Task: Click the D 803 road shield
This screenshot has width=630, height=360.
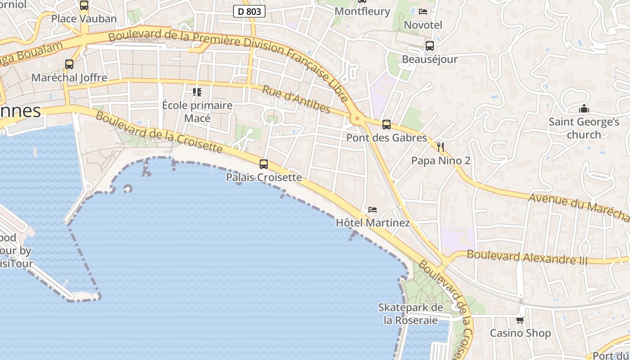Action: (x=249, y=11)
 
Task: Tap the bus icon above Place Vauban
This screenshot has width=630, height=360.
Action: (x=84, y=5)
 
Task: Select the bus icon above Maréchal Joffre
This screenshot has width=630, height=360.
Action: (x=69, y=64)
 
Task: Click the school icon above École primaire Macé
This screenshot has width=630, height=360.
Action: (x=197, y=92)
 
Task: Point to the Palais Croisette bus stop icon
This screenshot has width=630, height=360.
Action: (x=264, y=164)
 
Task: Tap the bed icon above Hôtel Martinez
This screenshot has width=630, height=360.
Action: (x=373, y=210)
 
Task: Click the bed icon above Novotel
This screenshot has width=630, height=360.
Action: (x=423, y=12)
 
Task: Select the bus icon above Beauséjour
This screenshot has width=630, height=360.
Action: (x=430, y=45)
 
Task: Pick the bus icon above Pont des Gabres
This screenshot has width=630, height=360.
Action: (x=387, y=125)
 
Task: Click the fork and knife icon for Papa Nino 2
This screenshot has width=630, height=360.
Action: (x=441, y=147)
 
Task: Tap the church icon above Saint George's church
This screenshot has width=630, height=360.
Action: (x=584, y=109)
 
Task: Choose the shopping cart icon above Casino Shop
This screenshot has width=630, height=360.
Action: (x=520, y=320)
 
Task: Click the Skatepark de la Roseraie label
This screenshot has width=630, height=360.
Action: (x=410, y=314)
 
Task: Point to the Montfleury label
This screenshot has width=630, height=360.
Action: (x=363, y=11)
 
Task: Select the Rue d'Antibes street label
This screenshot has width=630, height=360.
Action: (x=297, y=99)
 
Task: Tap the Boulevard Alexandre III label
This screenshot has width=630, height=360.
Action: (x=527, y=257)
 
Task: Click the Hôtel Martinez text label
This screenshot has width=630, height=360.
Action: (x=373, y=223)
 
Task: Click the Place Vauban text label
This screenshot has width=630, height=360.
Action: (x=84, y=18)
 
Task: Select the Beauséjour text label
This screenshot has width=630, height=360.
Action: (x=430, y=59)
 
